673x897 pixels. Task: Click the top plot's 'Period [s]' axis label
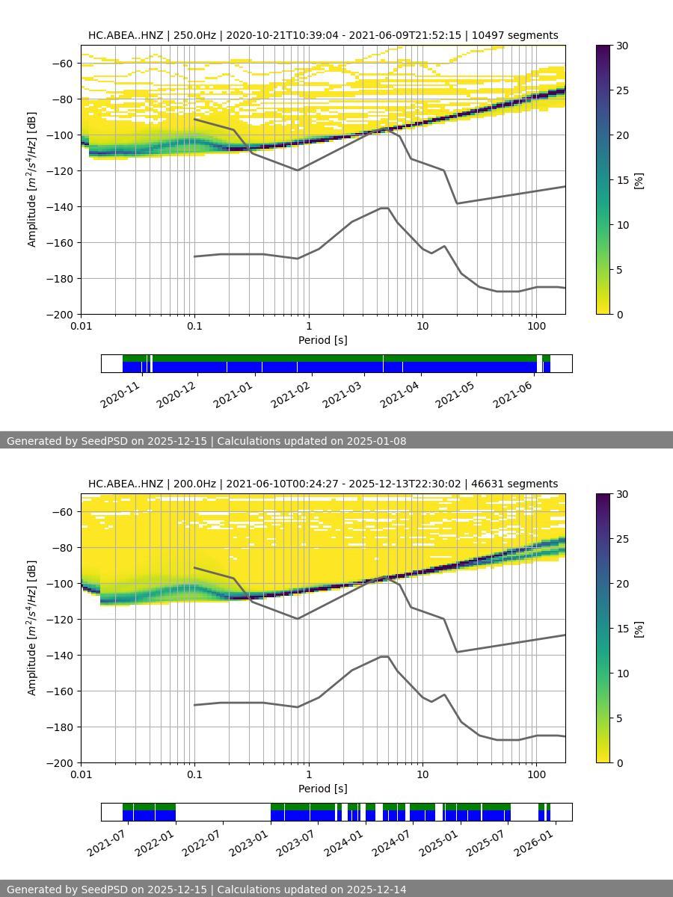tap(322, 340)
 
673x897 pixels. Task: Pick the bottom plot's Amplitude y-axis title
tap(31, 627)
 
